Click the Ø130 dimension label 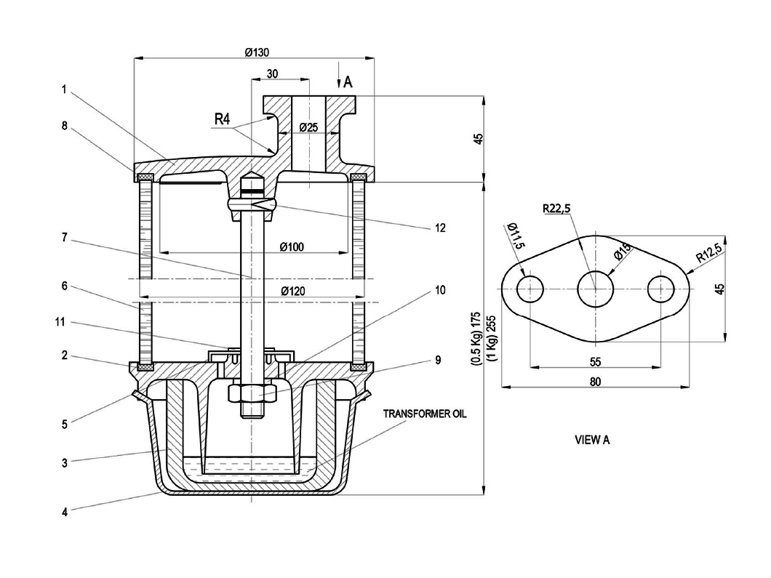tap(257, 52)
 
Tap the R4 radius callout tap(223, 119)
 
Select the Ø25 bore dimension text tap(309, 127)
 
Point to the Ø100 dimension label tap(292, 246)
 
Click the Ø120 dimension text tap(293, 291)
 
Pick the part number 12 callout tap(440, 228)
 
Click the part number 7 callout tap(65, 238)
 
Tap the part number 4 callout tap(65, 512)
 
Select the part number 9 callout tap(438, 361)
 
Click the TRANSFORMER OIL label tap(425, 414)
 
